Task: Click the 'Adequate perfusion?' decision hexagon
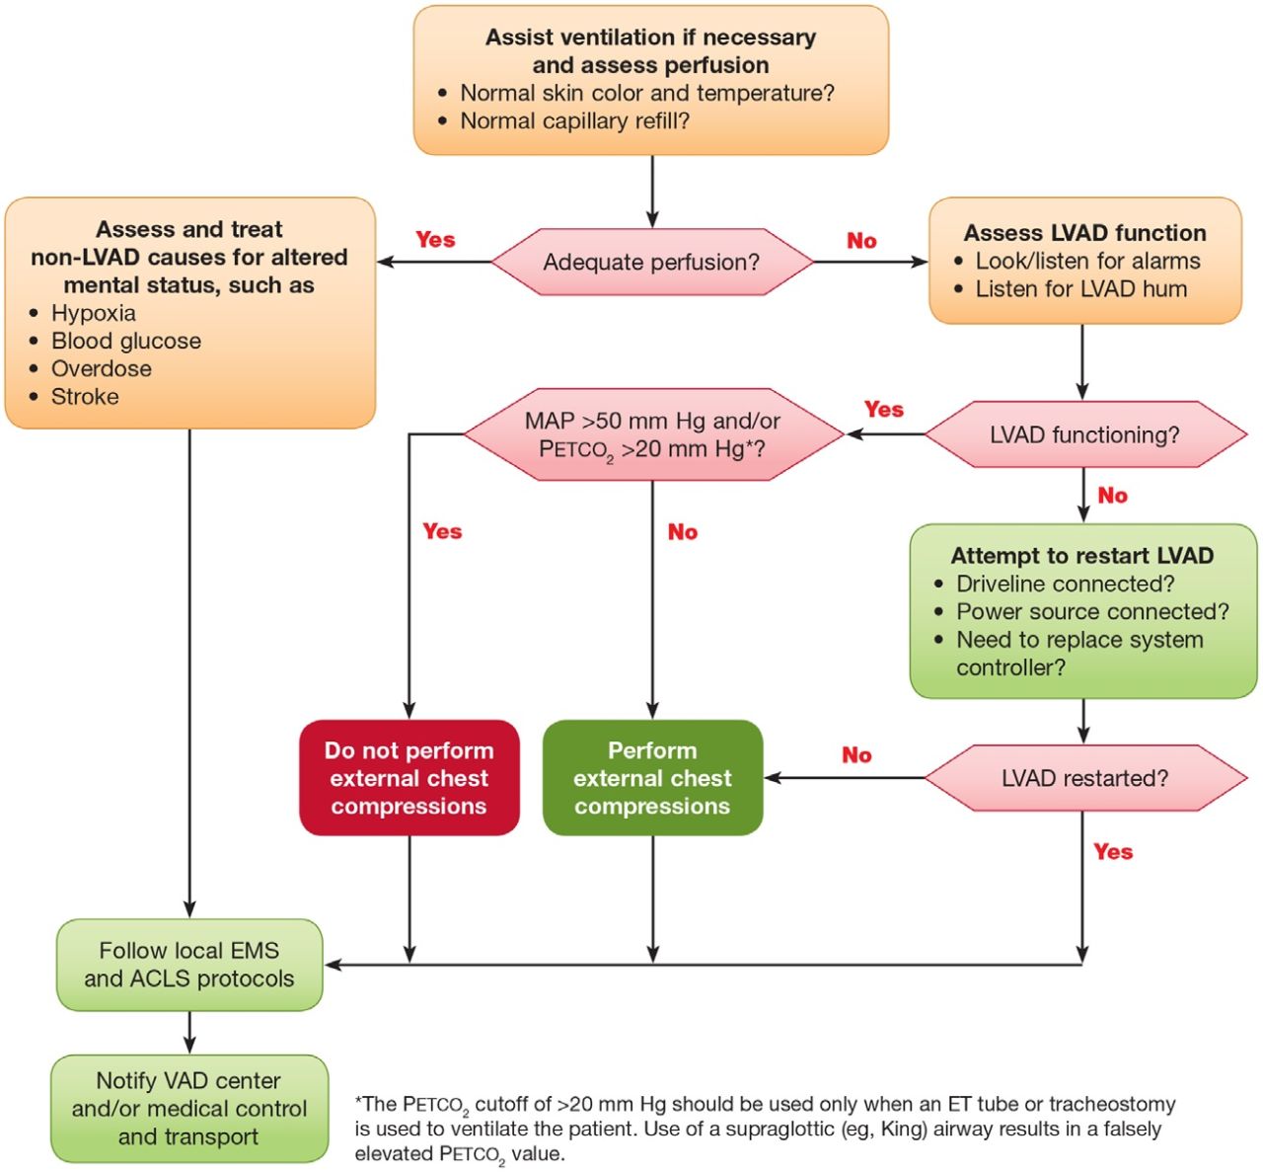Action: click(651, 263)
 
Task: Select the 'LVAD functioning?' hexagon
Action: click(1084, 434)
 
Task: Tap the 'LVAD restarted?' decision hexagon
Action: click(1084, 778)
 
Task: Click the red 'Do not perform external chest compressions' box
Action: click(409, 778)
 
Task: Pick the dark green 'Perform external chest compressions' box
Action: click(652, 778)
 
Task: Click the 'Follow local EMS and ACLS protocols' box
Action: click(189, 965)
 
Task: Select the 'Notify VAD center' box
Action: click(189, 1109)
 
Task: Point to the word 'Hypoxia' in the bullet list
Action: click(94, 313)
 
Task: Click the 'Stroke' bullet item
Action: click(85, 397)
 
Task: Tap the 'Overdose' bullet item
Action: click(102, 369)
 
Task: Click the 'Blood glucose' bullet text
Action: click(126, 342)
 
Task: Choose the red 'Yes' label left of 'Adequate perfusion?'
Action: click(435, 240)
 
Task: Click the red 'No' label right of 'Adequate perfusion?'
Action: click(861, 241)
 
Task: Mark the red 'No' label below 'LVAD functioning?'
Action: click(1112, 496)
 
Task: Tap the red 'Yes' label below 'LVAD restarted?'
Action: click(1113, 852)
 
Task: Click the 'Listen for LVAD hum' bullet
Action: click(1081, 289)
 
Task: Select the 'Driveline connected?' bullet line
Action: click(1066, 585)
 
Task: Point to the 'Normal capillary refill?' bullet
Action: click(575, 121)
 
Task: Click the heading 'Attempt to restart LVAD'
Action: click(1082, 556)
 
